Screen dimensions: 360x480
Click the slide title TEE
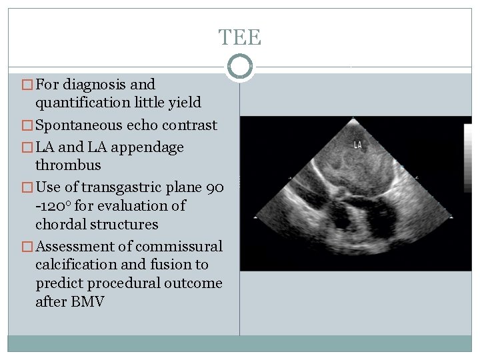(x=240, y=37)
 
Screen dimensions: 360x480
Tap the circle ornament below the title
(x=240, y=67)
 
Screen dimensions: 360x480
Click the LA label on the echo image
(x=358, y=144)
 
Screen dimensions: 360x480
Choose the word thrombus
(x=68, y=165)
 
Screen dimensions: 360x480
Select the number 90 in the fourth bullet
(x=214, y=187)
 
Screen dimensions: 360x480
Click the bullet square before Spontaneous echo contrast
(x=28, y=126)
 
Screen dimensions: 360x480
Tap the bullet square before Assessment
(x=28, y=247)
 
